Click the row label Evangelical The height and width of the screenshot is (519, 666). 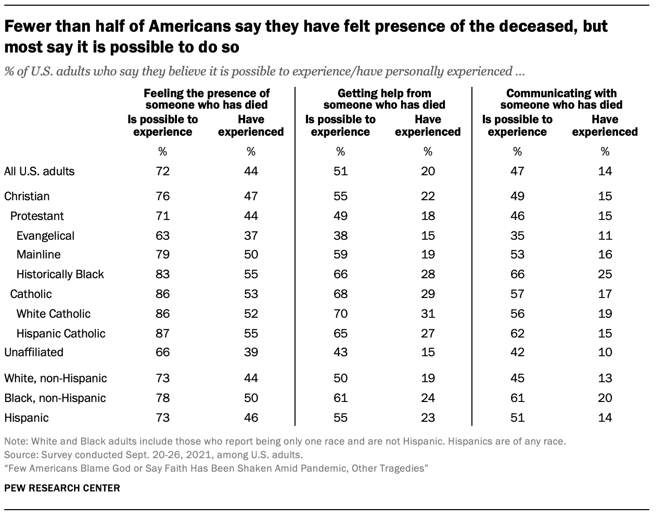click(x=45, y=236)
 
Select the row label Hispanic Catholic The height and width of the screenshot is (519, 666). click(x=60, y=333)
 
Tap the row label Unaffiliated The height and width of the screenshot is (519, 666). click(x=34, y=352)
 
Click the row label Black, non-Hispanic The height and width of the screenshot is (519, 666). click(x=55, y=398)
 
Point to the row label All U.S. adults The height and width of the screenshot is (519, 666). click(x=39, y=171)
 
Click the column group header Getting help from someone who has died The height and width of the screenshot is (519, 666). click(x=384, y=99)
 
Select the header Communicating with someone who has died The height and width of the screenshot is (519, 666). click(x=561, y=99)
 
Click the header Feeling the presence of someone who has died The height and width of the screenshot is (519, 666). click(x=207, y=99)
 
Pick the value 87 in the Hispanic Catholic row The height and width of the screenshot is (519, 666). click(x=163, y=333)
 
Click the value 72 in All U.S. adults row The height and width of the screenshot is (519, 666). click(x=163, y=171)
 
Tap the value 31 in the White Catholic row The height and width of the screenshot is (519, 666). click(x=428, y=314)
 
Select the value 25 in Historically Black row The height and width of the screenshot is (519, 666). click(x=605, y=274)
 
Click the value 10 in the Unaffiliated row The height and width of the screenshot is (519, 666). click(x=605, y=352)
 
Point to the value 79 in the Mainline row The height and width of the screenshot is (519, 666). click(x=163, y=254)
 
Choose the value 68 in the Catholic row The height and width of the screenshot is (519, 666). click(x=340, y=294)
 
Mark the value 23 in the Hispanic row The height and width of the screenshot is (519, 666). click(x=428, y=418)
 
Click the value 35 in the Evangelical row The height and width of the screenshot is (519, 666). click(x=517, y=236)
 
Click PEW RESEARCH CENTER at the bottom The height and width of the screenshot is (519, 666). click(x=62, y=488)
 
